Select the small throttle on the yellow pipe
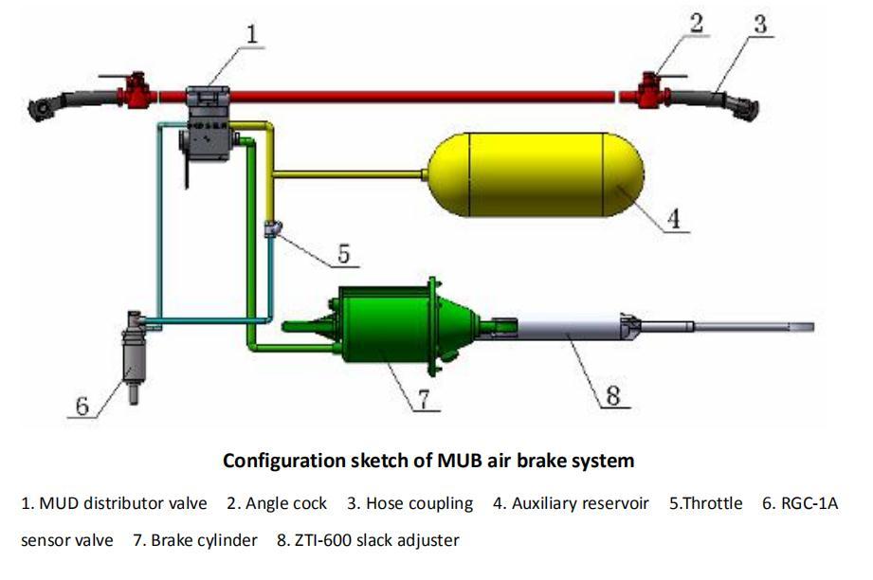pos(272,228)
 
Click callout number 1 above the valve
pos(252,34)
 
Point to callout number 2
pos(697,24)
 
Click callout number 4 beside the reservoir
pos(673,219)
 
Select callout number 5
pos(343,254)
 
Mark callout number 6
pos(82,407)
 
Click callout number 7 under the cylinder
pos(425,399)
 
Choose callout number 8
pos(613,396)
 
